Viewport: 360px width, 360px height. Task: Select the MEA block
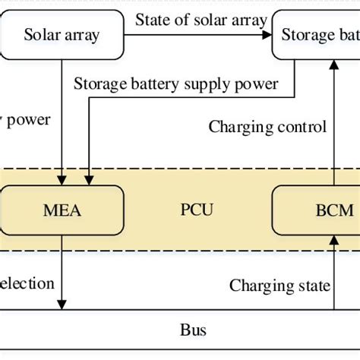click(x=61, y=208)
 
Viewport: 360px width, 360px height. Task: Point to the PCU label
click(x=197, y=208)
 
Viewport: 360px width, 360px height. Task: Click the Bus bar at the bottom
click(x=192, y=330)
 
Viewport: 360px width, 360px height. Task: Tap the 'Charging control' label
click(x=267, y=127)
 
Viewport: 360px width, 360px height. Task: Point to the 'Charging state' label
click(x=279, y=286)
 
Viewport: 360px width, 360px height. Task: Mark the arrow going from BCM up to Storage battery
click(x=334, y=122)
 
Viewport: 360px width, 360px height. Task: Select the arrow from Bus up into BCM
click(x=334, y=273)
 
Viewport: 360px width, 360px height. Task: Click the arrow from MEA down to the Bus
click(x=61, y=281)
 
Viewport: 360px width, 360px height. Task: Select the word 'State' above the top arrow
click(x=150, y=18)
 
